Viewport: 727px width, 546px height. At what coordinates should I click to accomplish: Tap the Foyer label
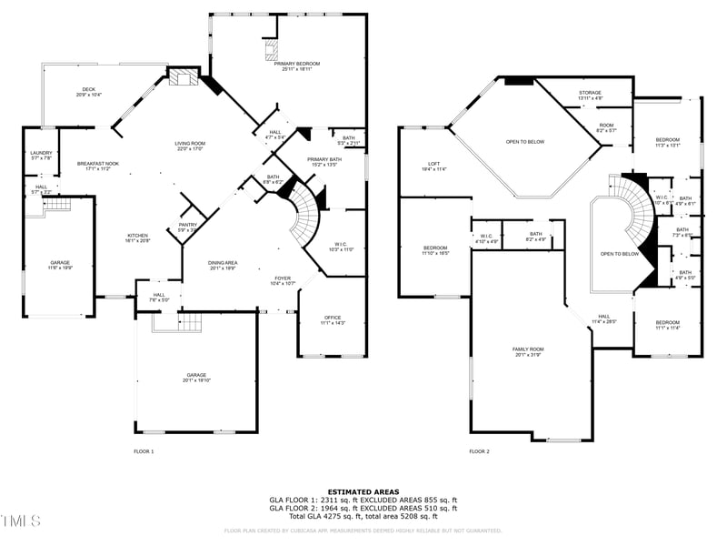point(284,280)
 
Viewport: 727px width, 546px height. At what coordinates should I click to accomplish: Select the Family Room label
point(528,351)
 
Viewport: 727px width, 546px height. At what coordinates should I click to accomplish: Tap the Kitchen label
point(136,238)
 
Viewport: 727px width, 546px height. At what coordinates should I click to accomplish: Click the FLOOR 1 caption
point(144,451)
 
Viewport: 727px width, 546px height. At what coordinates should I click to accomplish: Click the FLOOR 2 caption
point(479,451)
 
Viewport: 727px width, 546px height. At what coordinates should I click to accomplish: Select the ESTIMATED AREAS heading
point(363,491)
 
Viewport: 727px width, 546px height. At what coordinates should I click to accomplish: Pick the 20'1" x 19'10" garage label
point(196,377)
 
